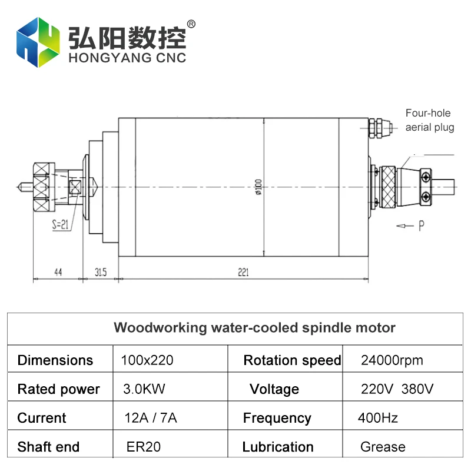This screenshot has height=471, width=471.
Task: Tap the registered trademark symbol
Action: click(x=191, y=24)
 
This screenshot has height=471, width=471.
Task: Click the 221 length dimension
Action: click(x=243, y=272)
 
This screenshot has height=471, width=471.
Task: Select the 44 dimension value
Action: click(x=58, y=272)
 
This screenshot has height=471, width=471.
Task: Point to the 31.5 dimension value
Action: click(x=101, y=272)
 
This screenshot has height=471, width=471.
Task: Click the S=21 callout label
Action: click(x=61, y=224)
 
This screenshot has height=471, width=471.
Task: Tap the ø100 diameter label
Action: click(x=258, y=185)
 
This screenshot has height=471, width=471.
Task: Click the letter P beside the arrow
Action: click(x=422, y=226)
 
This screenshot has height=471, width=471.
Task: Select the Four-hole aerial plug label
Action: click(x=430, y=120)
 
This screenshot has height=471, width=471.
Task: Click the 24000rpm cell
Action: click(x=392, y=360)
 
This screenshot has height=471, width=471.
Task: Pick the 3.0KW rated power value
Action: click(x=140, y=389)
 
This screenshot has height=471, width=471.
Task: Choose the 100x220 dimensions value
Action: click(x=147, y=360)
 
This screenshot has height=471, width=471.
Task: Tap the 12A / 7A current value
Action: click(x=151, y=418)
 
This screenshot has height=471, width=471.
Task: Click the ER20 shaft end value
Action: click(x=144, y=447)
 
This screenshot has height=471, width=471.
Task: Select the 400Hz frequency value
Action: click(x=378, y=418)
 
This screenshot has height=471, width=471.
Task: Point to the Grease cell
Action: click(x=383, y=447)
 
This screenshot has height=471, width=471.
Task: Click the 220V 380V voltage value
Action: click(x=397, y=389)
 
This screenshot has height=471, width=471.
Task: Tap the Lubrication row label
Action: click(x=278, y=447)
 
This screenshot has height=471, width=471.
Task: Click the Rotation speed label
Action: click(x=292, y=360)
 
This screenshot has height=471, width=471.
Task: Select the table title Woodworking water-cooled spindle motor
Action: click(x=254, y=327)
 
